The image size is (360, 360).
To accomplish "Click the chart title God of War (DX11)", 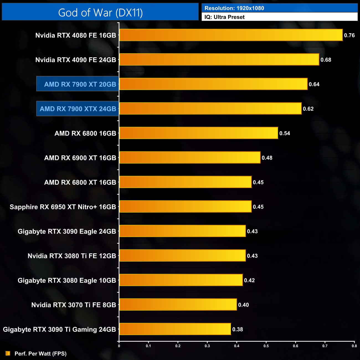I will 100,12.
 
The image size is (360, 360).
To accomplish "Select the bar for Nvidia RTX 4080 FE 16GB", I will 231,35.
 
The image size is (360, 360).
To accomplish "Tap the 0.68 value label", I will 326,60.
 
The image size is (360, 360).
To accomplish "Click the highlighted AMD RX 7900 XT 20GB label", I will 80,84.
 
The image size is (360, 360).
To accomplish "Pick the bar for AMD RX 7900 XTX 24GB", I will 210,109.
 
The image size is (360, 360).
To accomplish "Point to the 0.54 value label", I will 284,133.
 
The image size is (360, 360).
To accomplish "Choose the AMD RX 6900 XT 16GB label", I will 80,158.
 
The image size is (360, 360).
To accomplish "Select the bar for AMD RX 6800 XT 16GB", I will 185,182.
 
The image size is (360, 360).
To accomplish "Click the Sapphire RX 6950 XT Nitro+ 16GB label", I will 63,207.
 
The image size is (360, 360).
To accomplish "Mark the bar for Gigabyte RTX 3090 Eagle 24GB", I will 182,231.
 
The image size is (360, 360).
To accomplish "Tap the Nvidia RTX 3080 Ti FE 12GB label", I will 72,256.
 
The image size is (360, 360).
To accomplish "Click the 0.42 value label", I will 249,280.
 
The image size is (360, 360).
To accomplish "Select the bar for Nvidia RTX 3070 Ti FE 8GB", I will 178,305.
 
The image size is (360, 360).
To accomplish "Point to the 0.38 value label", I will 237,329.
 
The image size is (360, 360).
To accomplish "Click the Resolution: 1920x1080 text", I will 234,8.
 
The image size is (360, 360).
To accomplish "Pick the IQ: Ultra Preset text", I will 224,17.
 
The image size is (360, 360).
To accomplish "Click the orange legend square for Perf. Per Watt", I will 8,353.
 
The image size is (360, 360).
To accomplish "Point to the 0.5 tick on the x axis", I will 266,346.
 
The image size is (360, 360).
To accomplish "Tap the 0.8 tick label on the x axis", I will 354,346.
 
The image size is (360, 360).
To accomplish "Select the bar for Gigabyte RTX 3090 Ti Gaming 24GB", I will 175,329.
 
